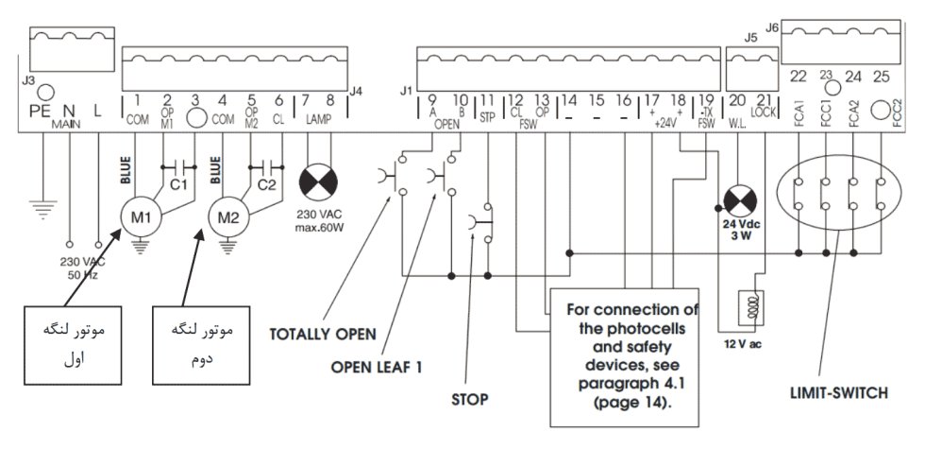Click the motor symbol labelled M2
click(227, 217)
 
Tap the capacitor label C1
click(178, 185)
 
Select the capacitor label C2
click(266, 185)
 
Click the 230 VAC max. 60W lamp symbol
click(319, 181)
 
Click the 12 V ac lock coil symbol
click(751, 307)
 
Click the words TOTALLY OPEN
click(323, 335)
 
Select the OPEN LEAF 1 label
click(377, 368)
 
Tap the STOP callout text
click(470, 400)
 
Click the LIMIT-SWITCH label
click(839, 393)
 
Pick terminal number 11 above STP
click(487, 101)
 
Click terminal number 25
click(881, 77)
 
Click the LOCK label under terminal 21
click(764, 112)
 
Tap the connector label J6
click(772, 27)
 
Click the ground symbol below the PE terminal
click(43, 209)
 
